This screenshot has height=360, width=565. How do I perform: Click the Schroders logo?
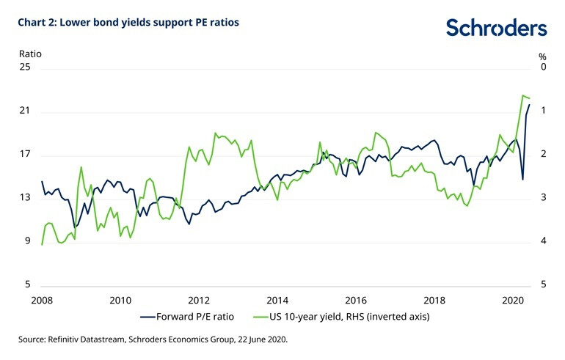pyautogui.click(x=496, y=28)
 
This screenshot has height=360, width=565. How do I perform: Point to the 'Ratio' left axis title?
pyautogui.click(x=29, y=54)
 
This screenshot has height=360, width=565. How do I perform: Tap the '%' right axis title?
pyautogui.click(x=542, y=56)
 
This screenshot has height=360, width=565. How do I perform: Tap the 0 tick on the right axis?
pyautogui.click(x=543, y=67)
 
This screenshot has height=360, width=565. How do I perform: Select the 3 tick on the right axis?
pyautogui.click(x=543, y=198)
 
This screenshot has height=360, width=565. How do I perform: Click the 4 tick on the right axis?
pyautogui.click(x=543, y=242)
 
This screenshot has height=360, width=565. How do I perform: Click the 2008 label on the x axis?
pyautogui.click(x=42, y=300)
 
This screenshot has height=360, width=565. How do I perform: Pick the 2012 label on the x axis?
pyautogui.click(x=199, y=300)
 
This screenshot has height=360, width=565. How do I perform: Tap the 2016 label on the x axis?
pyautogui.click(x=356, y=300)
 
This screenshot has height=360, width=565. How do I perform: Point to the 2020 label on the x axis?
pyautogui.click(x=512, y=300)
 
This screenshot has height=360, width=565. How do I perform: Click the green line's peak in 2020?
pyautogui.click(x=522, y=95)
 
